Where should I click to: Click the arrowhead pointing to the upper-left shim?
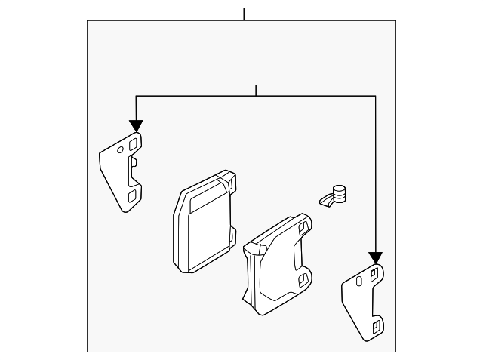click(136, 125)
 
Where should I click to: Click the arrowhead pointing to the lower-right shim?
click(375, 258)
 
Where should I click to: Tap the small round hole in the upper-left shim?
click(119, 150)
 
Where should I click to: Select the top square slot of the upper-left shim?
click(134, 143)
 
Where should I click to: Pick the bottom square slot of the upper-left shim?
click(133, 195)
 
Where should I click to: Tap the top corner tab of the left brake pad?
click(226, 181)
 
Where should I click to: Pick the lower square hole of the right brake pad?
click(303, 280)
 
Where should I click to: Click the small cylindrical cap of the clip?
click(341, 194)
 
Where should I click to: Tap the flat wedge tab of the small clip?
click(325, 201)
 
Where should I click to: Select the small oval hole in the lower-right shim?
click(360, 282)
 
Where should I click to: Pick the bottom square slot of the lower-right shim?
click(374, 327)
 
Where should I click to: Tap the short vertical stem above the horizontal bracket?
click(257, 90)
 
